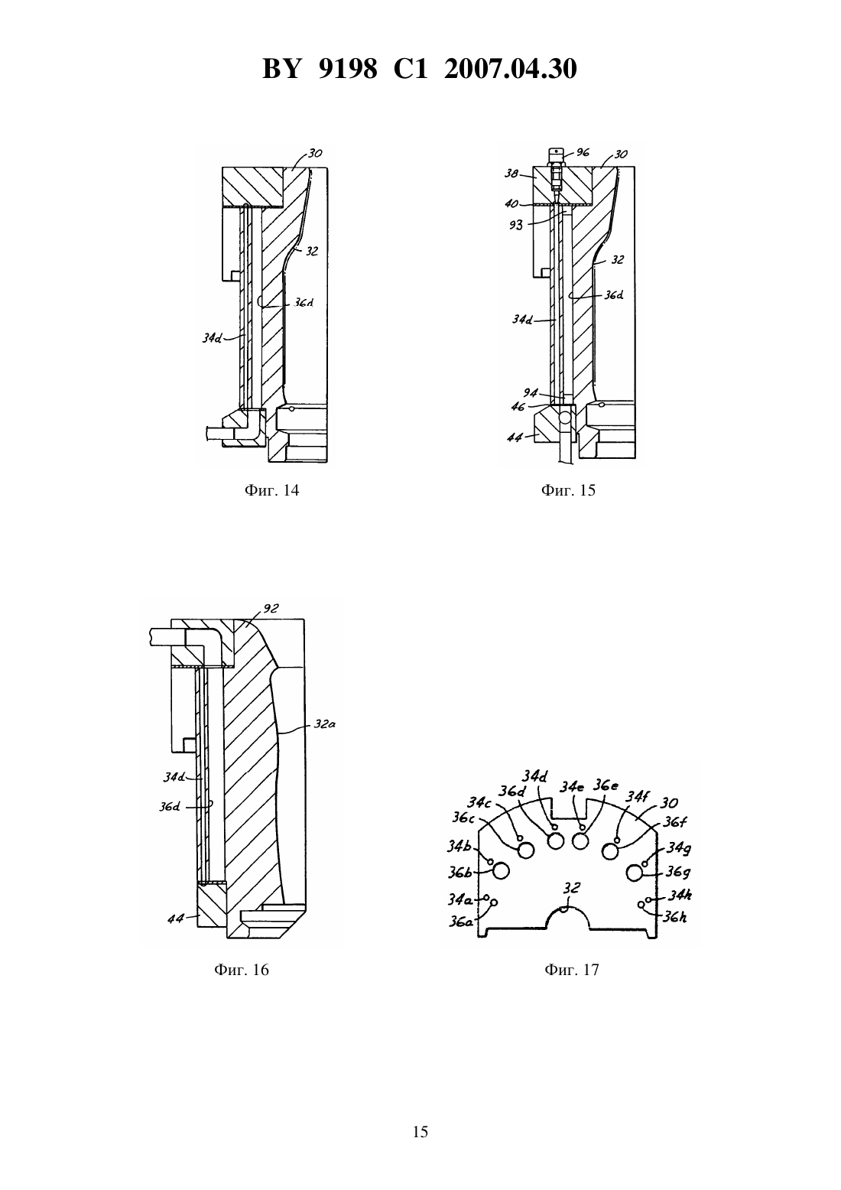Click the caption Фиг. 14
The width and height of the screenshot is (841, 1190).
coord(271,490)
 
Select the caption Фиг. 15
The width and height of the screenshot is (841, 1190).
coord(568,490)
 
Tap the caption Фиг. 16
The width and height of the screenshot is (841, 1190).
coord(242,970)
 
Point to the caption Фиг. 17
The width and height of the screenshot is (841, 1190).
coord(572,970)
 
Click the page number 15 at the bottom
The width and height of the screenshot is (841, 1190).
coord(420,1132)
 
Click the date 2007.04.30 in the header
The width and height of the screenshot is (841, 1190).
coord(510,70)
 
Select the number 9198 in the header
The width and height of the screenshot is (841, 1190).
coord(348,70)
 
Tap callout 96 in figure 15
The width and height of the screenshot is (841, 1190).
coord(583,152)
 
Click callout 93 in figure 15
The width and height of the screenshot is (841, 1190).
coord(515,226)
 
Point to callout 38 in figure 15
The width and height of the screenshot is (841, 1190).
coord(511,173)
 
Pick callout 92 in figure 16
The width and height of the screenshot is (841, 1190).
coord(271,609)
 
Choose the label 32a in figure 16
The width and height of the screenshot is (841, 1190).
coord(324,724)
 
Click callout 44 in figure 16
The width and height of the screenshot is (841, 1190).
coord(175,919)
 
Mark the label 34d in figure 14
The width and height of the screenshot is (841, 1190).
coord(212,338)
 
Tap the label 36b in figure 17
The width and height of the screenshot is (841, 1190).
coord(459,873)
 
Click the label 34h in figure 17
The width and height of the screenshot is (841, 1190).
coord(680,895)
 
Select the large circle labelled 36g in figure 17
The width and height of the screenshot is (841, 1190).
coord(635,873)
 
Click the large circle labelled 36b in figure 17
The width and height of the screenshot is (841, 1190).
coord(502,871)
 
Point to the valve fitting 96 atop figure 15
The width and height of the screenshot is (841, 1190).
coord(556,170)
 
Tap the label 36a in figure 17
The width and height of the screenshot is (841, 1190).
coord(460,922)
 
